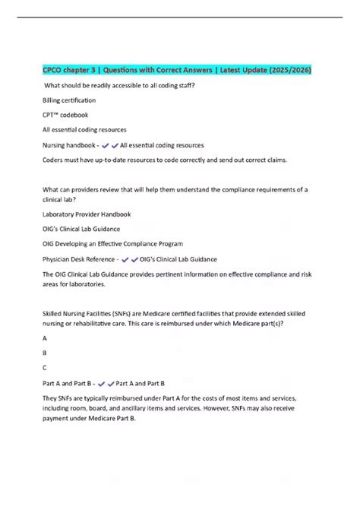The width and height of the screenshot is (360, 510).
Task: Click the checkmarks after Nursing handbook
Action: click(x=110, y=144)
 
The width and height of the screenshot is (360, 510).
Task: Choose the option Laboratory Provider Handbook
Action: click(x=87, y=214)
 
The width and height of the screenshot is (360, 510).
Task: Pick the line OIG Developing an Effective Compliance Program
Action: click(x=112, y=244)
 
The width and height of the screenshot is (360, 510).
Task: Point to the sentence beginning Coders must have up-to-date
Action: click(x=159, y=160)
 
